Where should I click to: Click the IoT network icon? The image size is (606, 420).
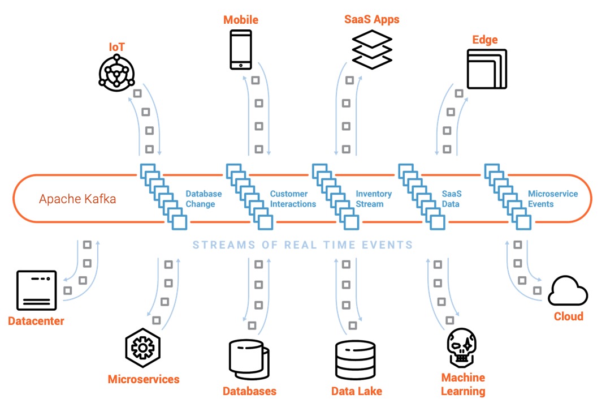pos(117,73)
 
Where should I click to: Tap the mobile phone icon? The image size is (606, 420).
pos(240,50)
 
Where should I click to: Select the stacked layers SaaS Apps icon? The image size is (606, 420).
pos(371,50)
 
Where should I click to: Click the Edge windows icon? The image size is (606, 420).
pos(487,68)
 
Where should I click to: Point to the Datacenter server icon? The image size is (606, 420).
pos(37,290)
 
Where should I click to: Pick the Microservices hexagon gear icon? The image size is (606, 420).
pos(143,348)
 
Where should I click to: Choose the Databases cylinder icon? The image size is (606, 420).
pos(249,360)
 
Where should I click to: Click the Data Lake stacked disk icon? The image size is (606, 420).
pos(355,360)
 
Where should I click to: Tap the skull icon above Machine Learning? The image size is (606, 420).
pos(462,348)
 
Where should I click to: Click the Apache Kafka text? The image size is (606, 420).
pos(77,199)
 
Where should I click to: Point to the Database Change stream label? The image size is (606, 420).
pos(204,199)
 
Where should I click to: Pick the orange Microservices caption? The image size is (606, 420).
pos(144,379)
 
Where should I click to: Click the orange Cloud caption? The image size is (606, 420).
pos(568,316)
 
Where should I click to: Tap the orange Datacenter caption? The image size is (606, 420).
pos(36,321)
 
